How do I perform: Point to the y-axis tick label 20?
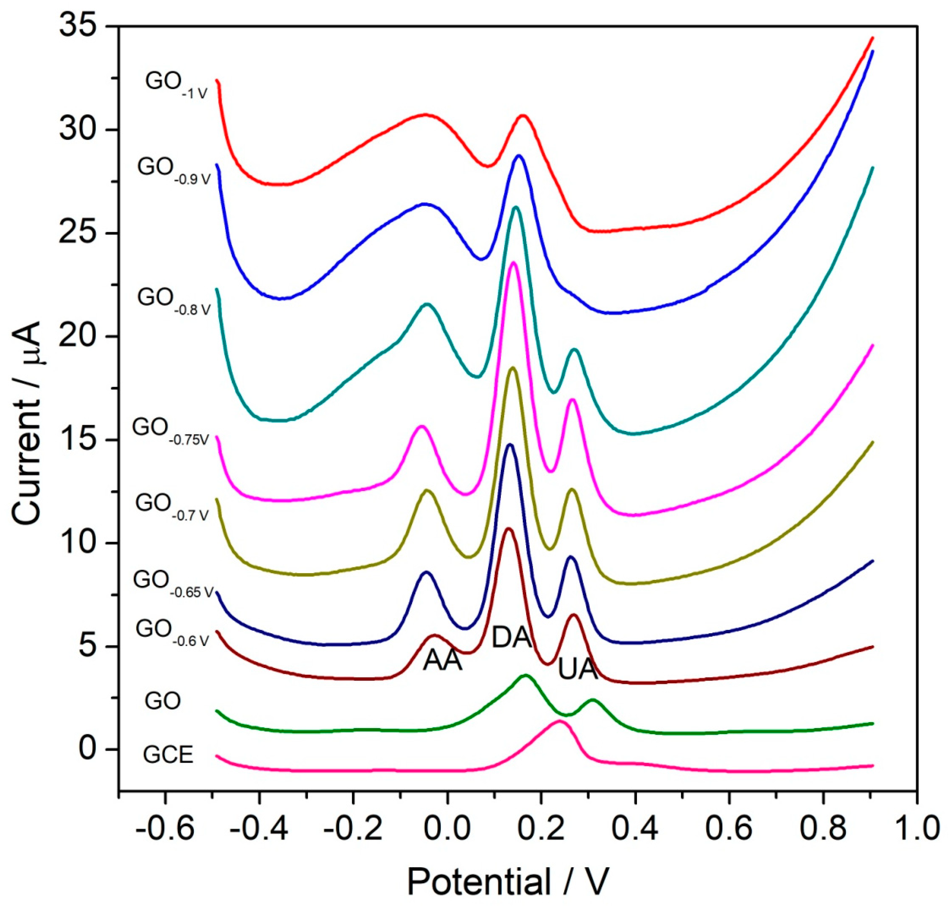(x=80, y=337)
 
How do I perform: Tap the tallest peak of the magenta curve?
(x=513, y=262)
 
